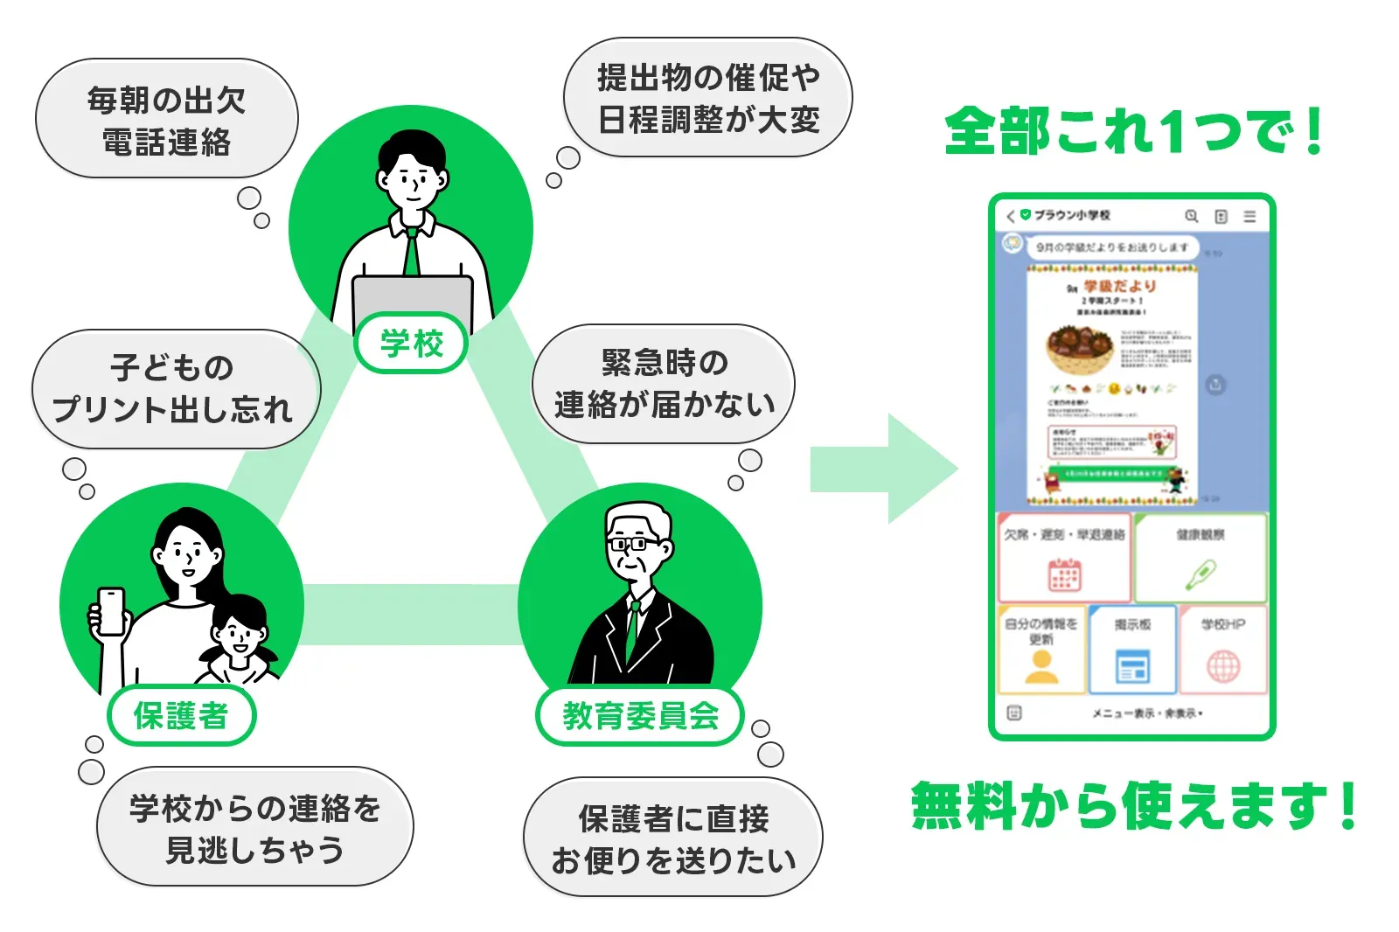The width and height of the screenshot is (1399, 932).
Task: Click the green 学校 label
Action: [x=412, y=343]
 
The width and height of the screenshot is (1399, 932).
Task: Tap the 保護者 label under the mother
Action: [x=181, y=715]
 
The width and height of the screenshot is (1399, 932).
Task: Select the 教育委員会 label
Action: [x=640, y=716]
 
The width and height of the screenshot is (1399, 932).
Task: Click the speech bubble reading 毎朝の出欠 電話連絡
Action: [x=166, y=120]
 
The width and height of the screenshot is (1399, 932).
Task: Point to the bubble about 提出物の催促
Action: [x=708, y=98]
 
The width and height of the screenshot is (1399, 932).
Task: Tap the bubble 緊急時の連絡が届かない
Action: [x=664, y=384]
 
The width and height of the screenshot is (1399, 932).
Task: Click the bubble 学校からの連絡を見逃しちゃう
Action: [x=254, y=828]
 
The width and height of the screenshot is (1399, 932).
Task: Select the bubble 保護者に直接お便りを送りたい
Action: [x=673, y=838]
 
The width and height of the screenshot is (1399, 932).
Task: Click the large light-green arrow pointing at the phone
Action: [x=883, y=469]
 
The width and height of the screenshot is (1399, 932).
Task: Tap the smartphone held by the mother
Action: [x=111, y=610]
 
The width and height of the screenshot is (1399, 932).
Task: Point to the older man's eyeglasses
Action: [x=634, y=544]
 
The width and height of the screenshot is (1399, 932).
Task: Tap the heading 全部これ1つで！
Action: [x=1133, y=132]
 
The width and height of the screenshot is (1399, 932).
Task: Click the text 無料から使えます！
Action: [x=1133, y=805]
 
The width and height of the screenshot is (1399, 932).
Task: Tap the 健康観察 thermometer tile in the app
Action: [x=1200, y=558]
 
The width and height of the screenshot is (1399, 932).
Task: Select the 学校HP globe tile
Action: [x=1223, y=650]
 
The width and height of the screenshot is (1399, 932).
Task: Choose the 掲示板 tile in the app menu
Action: [x=1132, y=650]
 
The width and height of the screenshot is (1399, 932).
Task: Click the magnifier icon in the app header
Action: [x=1191, y=216]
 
